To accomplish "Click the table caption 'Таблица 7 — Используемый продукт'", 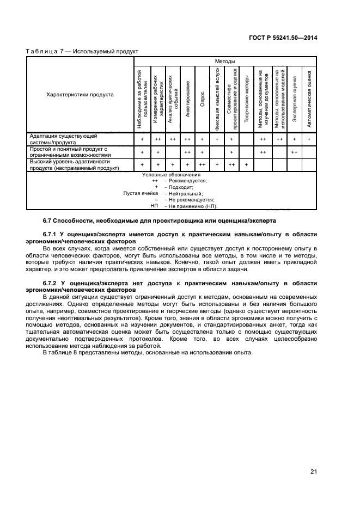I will [82, 51].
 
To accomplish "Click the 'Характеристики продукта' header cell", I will [80, 95].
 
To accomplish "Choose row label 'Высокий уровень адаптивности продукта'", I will [74, 165].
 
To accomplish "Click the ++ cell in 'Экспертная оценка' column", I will [294, 152].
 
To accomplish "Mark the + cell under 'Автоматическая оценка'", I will [309, 139].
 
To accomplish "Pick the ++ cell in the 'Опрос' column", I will [202, 165].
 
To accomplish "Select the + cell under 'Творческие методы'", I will [247, 165].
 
